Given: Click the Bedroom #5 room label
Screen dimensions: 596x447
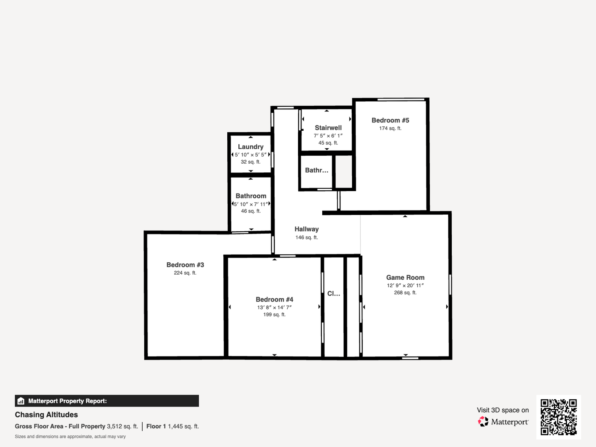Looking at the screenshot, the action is [x=390, y=120].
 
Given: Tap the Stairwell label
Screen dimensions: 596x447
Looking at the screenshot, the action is [x=328, y=128].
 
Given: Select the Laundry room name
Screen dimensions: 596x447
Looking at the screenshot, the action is [x=251, y=147].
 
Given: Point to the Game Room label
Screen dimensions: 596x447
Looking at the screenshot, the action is [x=405, y=277].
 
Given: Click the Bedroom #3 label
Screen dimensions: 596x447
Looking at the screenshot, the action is [x=185, y=265].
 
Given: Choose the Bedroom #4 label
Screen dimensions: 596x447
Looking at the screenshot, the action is [x=274, y=299].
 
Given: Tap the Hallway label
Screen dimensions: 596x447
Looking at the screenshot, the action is [x=307, y=229].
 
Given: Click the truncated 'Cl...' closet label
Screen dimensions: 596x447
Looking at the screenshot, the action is [x=333, y=293].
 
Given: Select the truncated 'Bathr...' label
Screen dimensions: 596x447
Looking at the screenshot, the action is [x=317, y=170].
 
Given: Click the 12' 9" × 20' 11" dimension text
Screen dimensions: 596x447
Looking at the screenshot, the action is [x=405, y=286].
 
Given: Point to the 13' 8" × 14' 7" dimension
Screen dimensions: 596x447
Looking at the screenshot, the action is [x=274, y=308].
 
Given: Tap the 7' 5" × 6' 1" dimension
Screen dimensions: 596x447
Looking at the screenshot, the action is [x=328, y=136].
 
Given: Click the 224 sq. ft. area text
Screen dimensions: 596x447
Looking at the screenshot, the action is [x=185, y=273].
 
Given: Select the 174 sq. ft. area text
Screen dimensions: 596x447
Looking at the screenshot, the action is [x=390, y=128].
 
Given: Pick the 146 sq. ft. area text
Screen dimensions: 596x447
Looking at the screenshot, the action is [x=307, y=238].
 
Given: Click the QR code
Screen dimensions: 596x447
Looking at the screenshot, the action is [x=559, y=417].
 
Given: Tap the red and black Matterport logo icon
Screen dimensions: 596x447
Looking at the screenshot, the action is [x=483, y=422].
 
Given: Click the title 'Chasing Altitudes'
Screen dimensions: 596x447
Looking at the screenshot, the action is [x=46, y=415].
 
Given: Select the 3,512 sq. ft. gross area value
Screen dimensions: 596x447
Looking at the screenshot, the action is [x=122, y=426].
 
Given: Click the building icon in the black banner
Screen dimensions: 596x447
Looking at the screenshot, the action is [x=21, y=401].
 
